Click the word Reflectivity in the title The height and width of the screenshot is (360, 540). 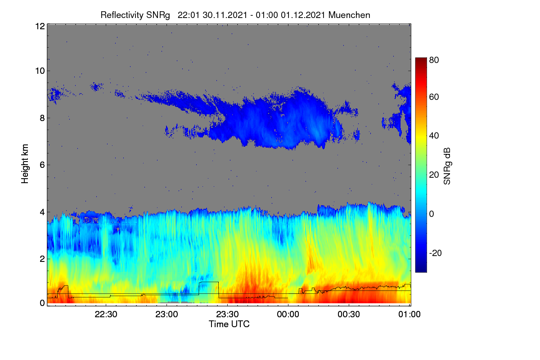(x=122, y=15)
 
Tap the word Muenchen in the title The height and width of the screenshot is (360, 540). (x=349, y=15)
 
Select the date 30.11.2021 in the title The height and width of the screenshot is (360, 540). (x=225, y=15)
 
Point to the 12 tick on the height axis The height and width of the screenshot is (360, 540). (x=40, y=26)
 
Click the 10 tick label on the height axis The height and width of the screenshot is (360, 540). (x=40, y=71)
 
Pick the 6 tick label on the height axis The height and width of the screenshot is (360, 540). (x=42, y=165)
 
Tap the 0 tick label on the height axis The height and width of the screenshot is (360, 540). (x=42, y=303)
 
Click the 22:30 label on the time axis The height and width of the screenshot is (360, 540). (x=106, y=314)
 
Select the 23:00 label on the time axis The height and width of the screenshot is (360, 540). (x=166, y=314)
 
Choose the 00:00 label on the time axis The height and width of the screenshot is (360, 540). (x=288, y=314)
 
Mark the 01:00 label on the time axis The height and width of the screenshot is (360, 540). (x=409, y=314)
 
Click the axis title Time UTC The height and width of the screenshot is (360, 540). (x=229, y=324)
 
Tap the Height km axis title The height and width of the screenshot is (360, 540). (x=25, y=164)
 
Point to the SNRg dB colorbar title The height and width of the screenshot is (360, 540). (x=447, y=166)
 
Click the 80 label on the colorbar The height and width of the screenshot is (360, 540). (x=434, y=60)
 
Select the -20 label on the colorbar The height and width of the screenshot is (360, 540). (x=436, y=253)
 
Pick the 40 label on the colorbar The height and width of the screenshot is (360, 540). (x=434, y=136)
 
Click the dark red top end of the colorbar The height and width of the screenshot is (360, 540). (x=421, y=59)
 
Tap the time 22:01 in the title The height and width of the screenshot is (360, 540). (x=189, y=15)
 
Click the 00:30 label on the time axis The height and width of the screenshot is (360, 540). (x=349, y=314)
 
